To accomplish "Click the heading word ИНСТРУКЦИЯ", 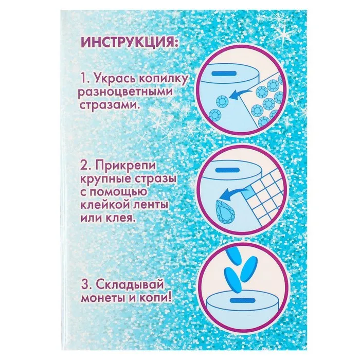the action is click(129, 44).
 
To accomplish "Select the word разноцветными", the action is click(125, 92).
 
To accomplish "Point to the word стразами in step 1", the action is click(109, 105).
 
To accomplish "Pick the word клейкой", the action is click(105, 204).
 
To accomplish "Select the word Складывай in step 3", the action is click(130, 285).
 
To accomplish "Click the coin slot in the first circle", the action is click(224, 73).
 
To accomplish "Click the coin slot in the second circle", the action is click(227, 170).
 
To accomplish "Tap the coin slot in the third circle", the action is click(243, 300).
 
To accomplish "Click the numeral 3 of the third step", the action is click(85, 285).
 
